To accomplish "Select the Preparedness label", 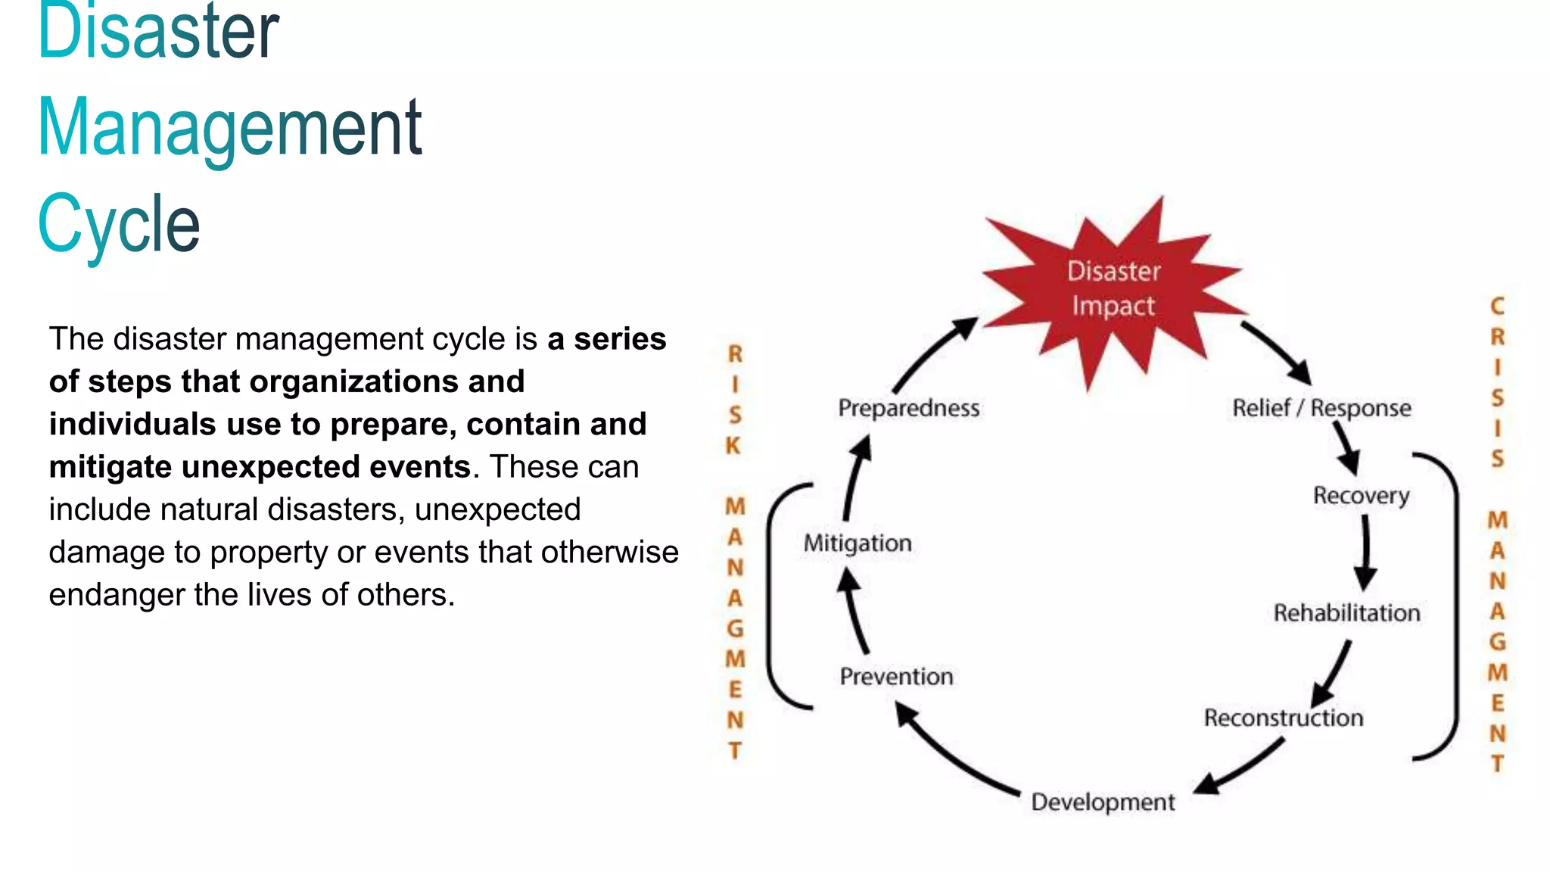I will pyautogui.click(x=908, y=408).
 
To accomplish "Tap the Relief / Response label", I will pyautogui.click(x=1321, y=408).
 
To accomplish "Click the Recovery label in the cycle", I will pyautogui.click(x=1361, y=496).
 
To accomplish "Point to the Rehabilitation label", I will pyautogui.click(x=1346, y=612).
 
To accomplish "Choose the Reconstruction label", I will pyautogui.click(x=1283, y=718).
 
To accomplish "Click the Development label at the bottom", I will pyautogui.click(x=1103, y=802).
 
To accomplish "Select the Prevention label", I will pyautogui.click(x=896, y=676).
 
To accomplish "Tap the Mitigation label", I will pyautogui.click(x=857, y=543).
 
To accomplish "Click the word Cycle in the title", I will pyautogui.click(x=119, y=223).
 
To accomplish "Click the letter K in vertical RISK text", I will pyautogui.click(x=733, y=446).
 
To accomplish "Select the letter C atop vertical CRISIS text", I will pyautogui.click(x=1497, y=306).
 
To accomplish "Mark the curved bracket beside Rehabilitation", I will pyautogui.click(x=1455, y=606).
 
